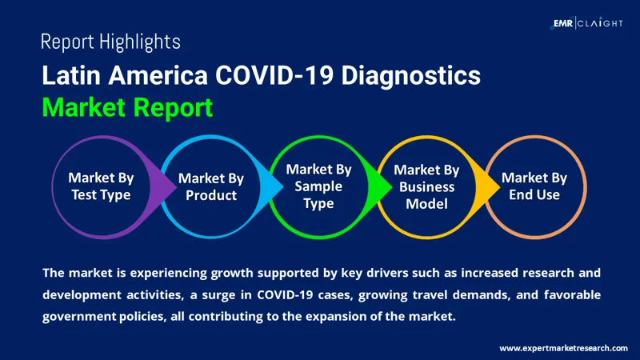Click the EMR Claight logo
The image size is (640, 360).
point(587,23)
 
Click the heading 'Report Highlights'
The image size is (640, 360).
point(110,42)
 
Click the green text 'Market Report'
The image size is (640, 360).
point(127,107)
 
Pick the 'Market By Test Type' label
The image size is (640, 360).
point(101,186)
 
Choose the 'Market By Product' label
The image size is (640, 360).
point(211,187)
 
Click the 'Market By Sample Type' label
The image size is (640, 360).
point(318,187)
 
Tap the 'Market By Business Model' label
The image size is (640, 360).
point(426,187)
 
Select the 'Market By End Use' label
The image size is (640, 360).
point(534,186)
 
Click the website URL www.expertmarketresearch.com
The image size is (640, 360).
point(563,348)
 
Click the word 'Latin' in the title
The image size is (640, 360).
point(67,77)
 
